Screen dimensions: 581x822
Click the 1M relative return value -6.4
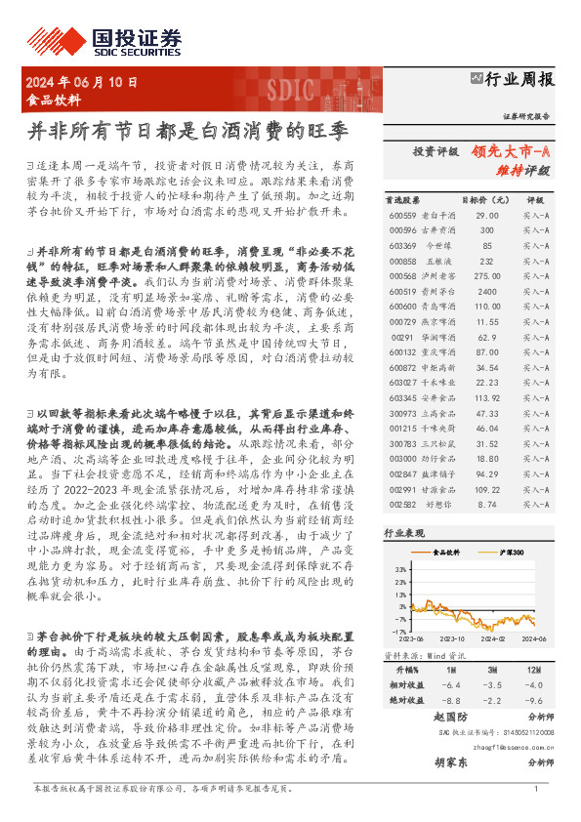(451, 686)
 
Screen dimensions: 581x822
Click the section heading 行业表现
(403, 534)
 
